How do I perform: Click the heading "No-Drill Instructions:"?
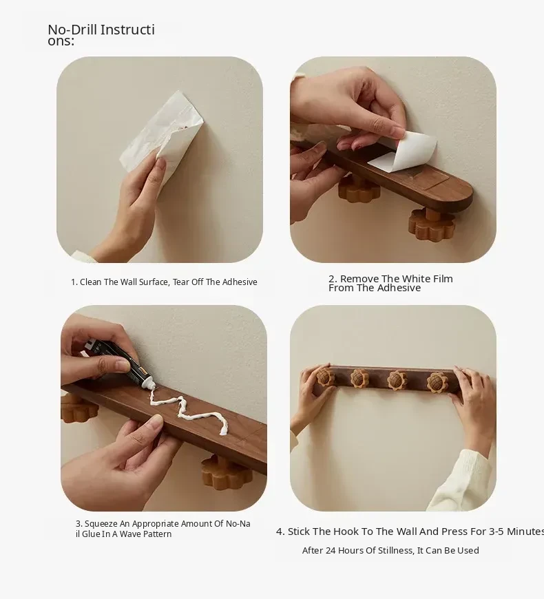(101, 34)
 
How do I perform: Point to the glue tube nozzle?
(147, 383)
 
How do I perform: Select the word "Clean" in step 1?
(90, 282)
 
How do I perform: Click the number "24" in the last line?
(331, 551)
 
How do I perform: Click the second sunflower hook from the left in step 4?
(359, 377)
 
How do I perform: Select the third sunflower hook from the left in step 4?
(397, 380)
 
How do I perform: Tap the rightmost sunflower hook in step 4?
(437, 382)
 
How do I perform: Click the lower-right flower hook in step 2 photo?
(432, 224)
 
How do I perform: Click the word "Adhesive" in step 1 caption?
(240, 282)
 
